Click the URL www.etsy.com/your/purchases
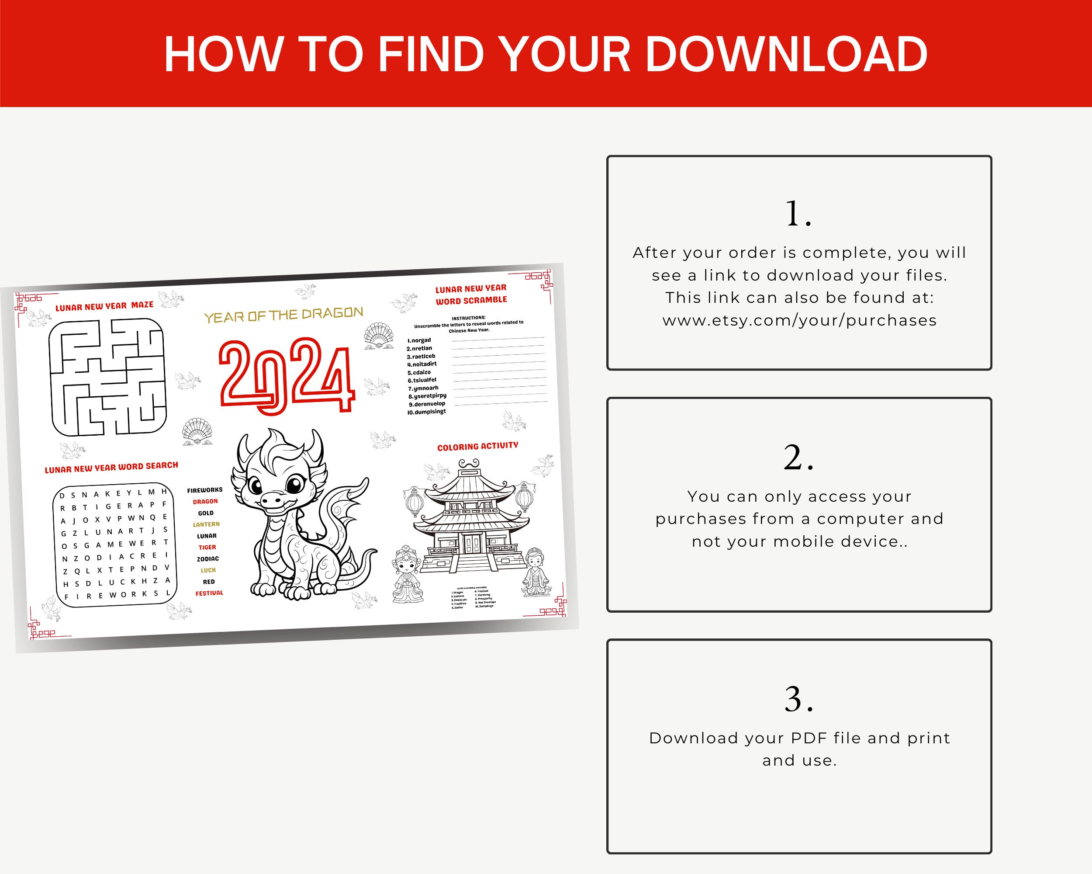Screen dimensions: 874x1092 pyautogui.click(x=799, y=321)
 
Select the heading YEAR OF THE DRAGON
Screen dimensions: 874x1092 pyautogui.click(x=283, y=315)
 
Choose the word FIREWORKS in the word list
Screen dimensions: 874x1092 pyautogui.click(x=204, y=490)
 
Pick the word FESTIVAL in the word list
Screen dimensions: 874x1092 pyautogui.click(x=209, y=593)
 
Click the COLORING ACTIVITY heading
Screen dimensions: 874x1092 pyautogui.click(x=477, y=446)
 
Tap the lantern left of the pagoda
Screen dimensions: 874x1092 pyautogui.click(x=415, y=502)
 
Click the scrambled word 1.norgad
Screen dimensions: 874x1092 pyautogui.click(x=420, y=340)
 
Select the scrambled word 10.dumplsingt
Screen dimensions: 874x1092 pyautogui.click(x=427, y=412)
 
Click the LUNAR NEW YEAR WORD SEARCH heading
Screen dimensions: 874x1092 pyautogui.click(x=111, y=467)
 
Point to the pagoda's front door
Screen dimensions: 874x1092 pyautogui.click(x=472, y=543)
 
